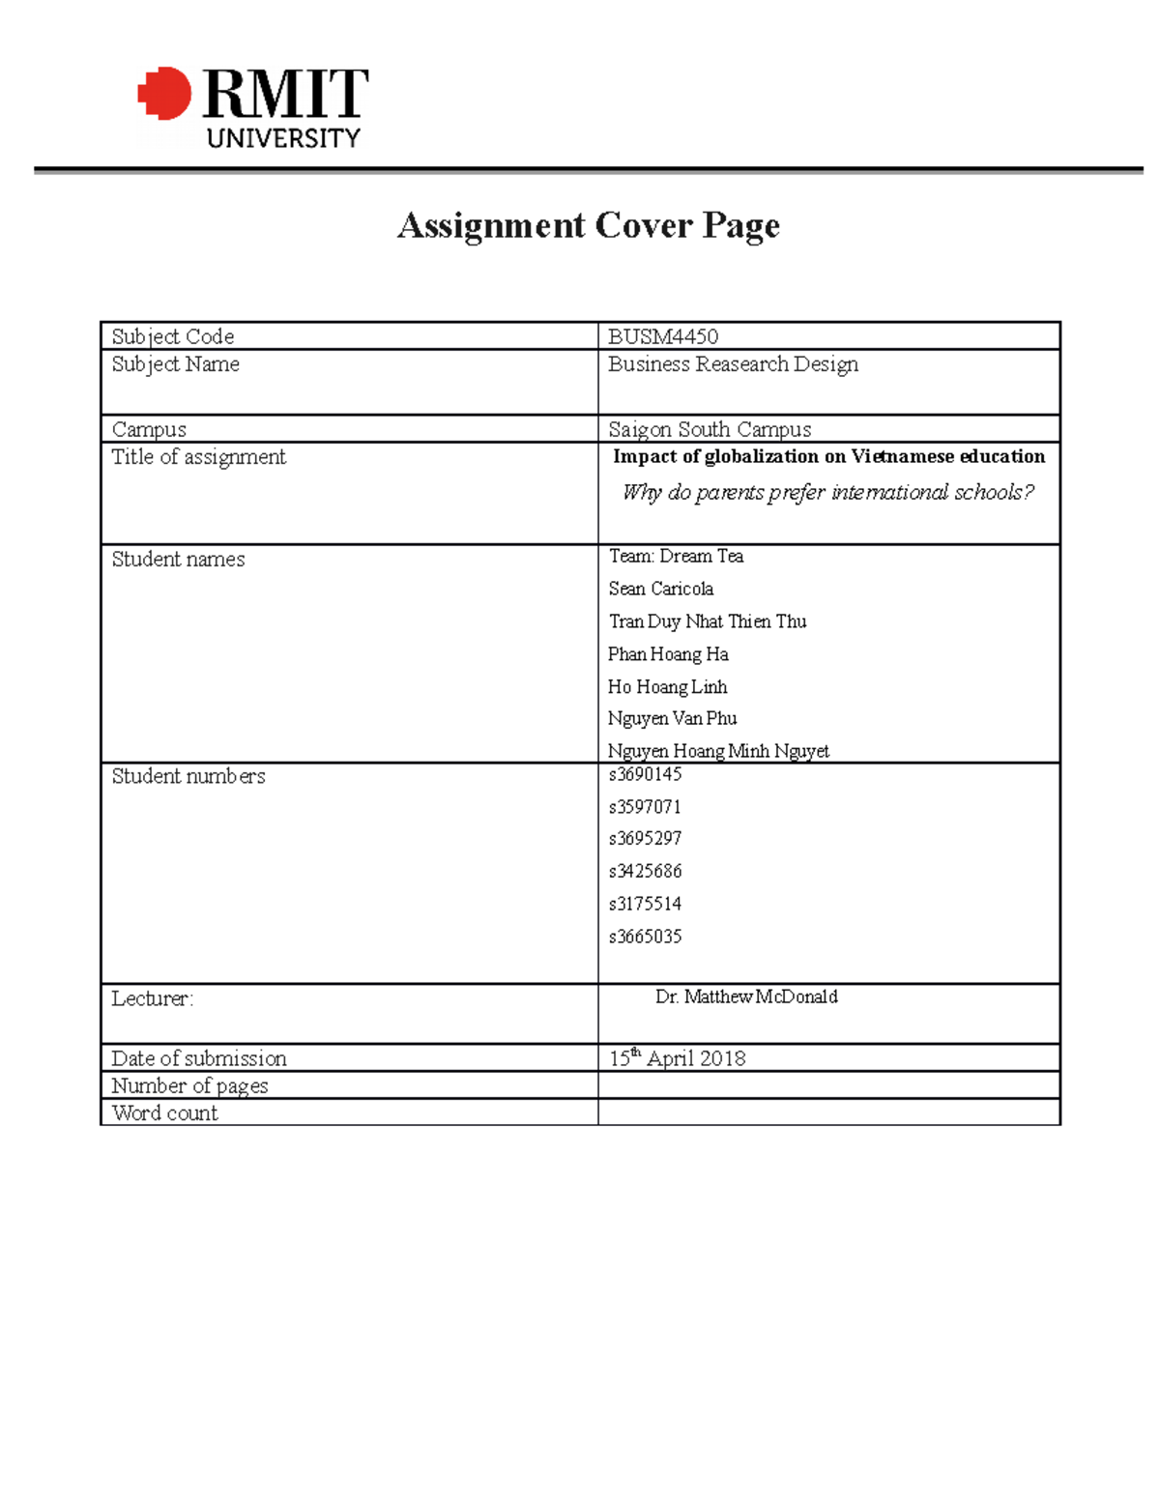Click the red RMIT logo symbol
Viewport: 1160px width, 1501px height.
165,94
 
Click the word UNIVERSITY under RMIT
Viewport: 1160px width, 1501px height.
282,138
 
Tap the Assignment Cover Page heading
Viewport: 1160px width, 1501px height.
588,225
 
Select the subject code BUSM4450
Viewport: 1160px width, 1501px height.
663,336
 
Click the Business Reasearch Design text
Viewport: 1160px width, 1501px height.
733,364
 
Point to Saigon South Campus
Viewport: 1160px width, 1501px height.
710,429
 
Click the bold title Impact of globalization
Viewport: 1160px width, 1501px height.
828,456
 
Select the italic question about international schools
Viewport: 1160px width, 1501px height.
827,492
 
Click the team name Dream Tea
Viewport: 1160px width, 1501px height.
676,556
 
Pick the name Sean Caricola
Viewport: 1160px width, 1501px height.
661,589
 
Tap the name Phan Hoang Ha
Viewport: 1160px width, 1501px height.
668,654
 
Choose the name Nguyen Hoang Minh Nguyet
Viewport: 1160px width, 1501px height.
718,751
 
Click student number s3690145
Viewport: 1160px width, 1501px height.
645,774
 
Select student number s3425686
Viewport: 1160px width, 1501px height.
645,871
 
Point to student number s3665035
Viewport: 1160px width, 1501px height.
645,937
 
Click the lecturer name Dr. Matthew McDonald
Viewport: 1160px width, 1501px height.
746,996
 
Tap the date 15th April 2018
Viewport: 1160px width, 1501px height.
677,1058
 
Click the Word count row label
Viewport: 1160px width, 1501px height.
164,1112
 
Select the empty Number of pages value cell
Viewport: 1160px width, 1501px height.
828,1085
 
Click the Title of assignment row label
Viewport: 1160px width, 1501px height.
198,457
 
